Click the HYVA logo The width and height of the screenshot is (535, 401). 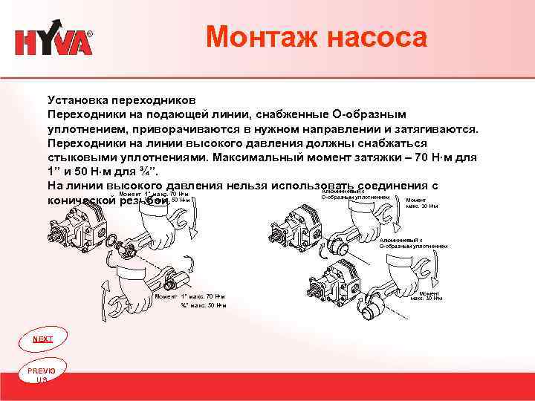click(x=53, y=42)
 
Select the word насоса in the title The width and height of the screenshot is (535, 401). click(x=379, y=37)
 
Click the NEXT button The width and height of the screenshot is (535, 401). click(x=42, y=339)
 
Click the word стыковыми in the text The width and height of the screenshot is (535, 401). click(x=80, y=157)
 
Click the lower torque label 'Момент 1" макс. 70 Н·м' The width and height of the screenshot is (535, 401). click(x=189, y=296)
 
